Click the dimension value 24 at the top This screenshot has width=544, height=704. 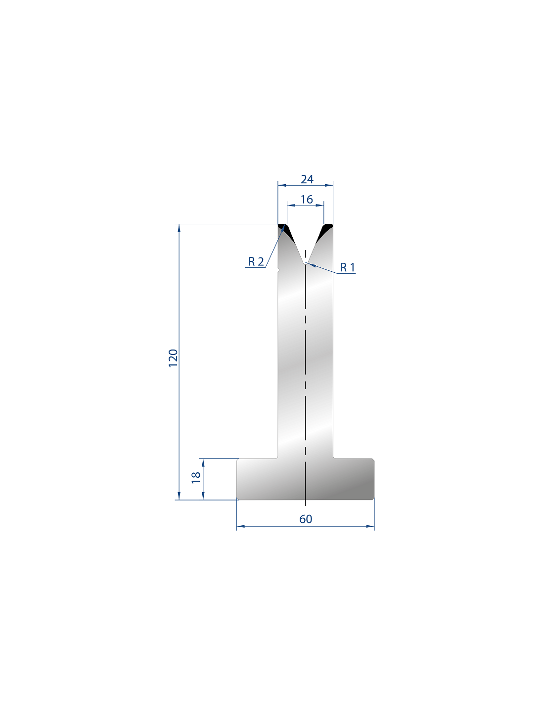pyautogui.click(x=307, y=179)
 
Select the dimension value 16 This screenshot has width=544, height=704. pyautogui.click(x=307, y=199)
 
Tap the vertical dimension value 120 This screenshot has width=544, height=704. pyautogui.click(x=173, y=358)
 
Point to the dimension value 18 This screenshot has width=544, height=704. pyautogui.click(x=196, y=478)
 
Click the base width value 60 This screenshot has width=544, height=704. pyautogui.click(x=306, y=519)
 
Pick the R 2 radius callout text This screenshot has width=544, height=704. pyautogui.click(x=256, y=261)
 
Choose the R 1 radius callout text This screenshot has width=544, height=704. pyautogui.click(x=348, y=267)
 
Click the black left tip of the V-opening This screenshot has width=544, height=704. pyautogui.click(x=285, y=230)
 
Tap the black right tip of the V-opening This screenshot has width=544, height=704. pyautogui.click(x=325, y=230)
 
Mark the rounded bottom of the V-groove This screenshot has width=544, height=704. pyautogui.click(x=305, y=263)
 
